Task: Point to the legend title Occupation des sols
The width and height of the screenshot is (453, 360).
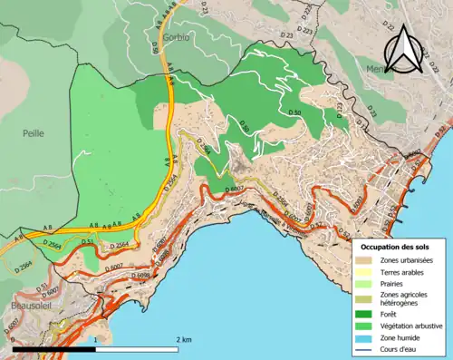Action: (397, 247)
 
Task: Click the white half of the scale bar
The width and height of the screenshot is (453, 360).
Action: (139, 348)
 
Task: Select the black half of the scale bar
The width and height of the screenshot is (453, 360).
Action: (54, 348)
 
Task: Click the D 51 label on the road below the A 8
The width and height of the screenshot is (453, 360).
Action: (87, 242)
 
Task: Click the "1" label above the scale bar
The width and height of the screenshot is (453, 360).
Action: (96, 339)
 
